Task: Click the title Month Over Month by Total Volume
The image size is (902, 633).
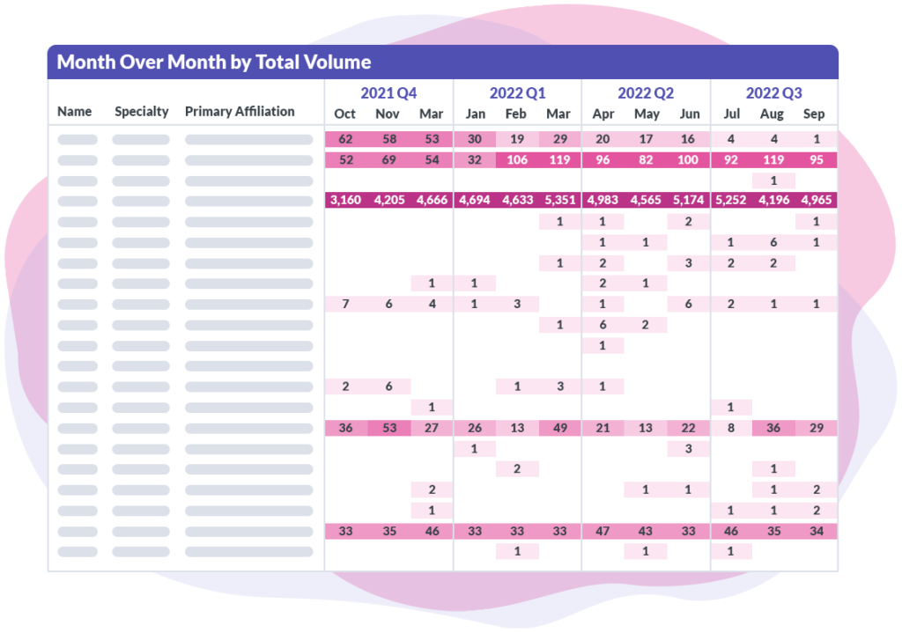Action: [x=214, y=63]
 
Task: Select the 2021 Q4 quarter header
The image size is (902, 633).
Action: [x=388, y=93]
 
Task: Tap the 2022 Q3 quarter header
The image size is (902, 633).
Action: [x=773, y=93]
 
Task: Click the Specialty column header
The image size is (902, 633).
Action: [x=141, y=112]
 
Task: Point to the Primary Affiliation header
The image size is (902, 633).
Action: [x=240, y=112]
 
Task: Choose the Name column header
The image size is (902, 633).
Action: [x=75, y=112]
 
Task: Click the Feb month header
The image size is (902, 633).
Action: [x=516, y=114]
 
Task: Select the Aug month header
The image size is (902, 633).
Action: [x=772, y=114]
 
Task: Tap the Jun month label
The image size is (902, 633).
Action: [x=691, y=114]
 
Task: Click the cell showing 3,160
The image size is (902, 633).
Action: [x=345, y=200]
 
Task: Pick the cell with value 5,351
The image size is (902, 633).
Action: [x=558, y=200]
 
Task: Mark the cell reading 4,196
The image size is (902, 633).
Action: [x=772, y=200]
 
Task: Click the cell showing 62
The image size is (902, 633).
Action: [x=345, y=139]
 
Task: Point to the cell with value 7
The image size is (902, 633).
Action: [x=345, y=304]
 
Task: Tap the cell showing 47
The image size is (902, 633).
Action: [x=603, y=531]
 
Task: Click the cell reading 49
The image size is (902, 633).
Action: [x=558, y=428]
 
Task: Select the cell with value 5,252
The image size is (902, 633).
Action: [x=730, y=200]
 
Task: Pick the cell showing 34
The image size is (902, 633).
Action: [x=815, y=531]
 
